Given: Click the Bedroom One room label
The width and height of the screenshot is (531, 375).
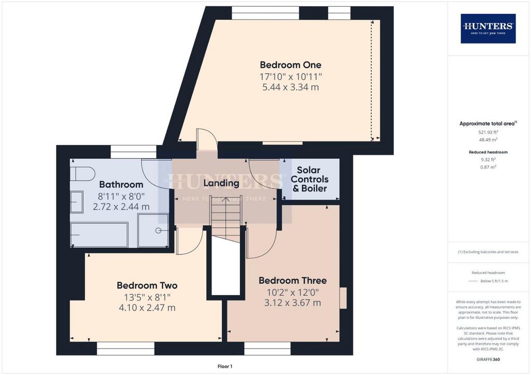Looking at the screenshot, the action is click(290, 65).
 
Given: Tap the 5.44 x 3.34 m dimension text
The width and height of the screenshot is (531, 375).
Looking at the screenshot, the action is click(290, 87).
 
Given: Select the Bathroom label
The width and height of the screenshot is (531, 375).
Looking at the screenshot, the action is click(121, 184).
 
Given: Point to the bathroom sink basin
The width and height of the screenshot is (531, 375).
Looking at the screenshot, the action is click(77, 202).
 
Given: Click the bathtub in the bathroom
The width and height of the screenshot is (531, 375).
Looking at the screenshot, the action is click(99, 235).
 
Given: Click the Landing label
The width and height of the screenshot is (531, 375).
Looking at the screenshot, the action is click(221, 183).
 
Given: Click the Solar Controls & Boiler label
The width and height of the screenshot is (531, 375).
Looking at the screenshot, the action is click(310, 179).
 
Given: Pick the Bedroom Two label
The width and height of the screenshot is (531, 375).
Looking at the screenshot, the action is click(147, 285).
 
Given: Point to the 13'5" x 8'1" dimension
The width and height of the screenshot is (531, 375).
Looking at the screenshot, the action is click(147, 297).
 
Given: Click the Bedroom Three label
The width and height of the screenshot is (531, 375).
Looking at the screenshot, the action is click(292, 280).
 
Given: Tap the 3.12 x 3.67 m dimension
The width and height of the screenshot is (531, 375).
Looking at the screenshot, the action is click(292, 302).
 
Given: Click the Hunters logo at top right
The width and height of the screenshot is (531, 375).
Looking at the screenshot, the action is click(488, 28).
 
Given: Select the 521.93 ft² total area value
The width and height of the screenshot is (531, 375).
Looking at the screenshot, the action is click(488, 132).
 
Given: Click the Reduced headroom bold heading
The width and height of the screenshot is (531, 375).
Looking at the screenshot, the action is click(488, 152).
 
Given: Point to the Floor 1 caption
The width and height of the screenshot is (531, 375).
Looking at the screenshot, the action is click(225, 366).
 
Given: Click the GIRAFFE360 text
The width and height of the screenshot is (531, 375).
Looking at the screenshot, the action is click(488, 359).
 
